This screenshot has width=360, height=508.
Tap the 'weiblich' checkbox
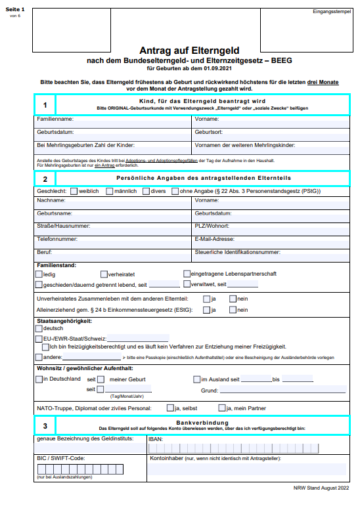click(74, 191)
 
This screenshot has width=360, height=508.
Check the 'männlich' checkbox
click(110, 191)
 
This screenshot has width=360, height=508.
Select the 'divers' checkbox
click(146, 191)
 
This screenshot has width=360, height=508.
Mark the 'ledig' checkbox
click(39, 274)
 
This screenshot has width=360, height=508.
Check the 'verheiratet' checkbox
click(104, 274)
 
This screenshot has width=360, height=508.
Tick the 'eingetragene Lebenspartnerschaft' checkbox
click(187, 274)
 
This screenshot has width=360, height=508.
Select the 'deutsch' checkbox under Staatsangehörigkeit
click(39, 328)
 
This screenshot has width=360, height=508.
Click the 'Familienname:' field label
click(55, 119)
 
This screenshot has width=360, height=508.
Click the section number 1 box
click(45, 105)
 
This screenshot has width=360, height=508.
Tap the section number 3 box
click(45, 426)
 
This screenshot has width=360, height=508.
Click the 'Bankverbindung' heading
click(202, 422)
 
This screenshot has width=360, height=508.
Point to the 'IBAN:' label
click(156, 439)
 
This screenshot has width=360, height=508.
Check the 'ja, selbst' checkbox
click(169, 408)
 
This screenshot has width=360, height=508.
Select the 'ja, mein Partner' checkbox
click(223, 408)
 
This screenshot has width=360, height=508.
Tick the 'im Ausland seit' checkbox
click(196, 379)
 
